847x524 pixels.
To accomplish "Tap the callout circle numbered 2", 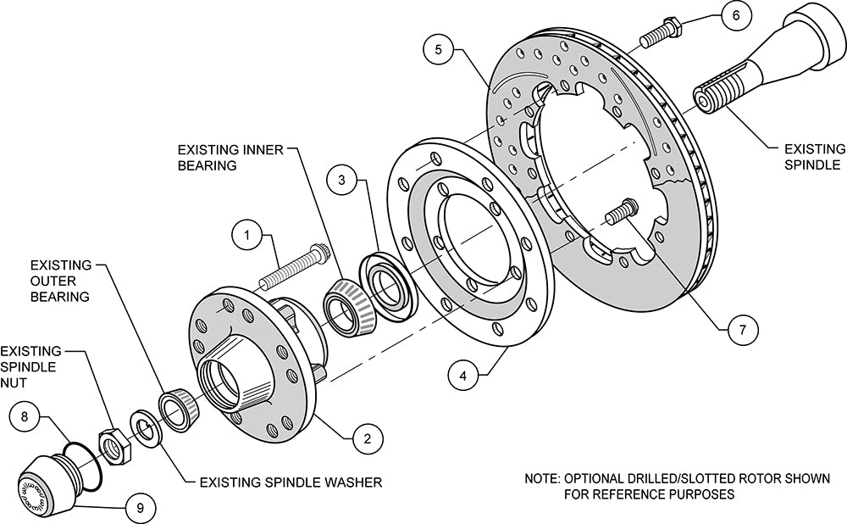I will pyautogui.click(x=367, y=438).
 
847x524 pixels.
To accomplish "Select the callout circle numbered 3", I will pyautogui.click(x=341, y=181).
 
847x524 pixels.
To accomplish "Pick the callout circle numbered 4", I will pyautogui.click(x=462, y=373).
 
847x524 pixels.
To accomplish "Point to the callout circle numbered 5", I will pyautogui.click(x=438, y=49).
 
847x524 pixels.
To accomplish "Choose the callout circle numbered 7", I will pyautogui.click(x=742, y=329).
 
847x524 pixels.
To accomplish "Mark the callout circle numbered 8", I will pyautogui.click(x=25, y=417).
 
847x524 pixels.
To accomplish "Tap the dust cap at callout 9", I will pyautogui.click(x=49, y=479).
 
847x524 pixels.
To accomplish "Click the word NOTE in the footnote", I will pyautogui.click(x=541, y=479).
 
